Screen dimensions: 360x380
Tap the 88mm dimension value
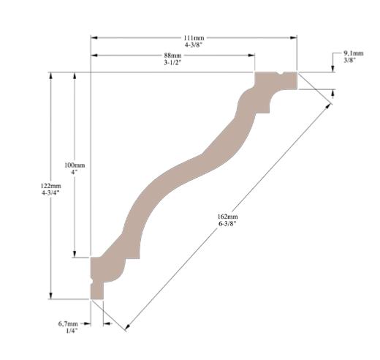(x=173, y=56)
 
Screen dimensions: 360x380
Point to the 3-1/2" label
(x=173, y=64)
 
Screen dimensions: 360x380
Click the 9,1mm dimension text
(x=353, y=53)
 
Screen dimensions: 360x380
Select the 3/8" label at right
(x=351, y=61)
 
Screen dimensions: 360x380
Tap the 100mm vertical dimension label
(x=75, y=166)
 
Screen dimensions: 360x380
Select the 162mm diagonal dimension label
(x=227, y=217)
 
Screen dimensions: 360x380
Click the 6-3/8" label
(x=227, y=225)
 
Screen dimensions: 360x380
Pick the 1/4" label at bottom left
(x=70, y=331)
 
